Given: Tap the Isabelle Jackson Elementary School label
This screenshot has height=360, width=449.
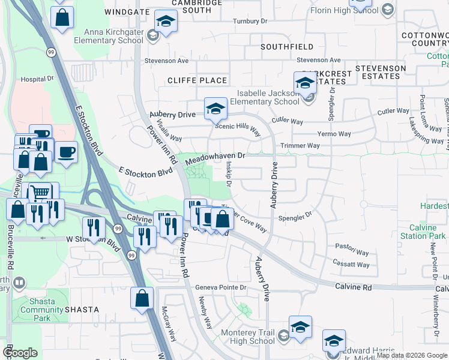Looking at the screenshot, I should tap(268, 97).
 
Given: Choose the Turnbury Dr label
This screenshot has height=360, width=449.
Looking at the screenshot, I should tap(250, 20).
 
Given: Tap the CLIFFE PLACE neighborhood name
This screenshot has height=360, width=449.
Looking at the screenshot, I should tap(197, 80).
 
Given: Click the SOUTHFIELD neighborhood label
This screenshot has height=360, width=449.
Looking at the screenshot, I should tap(287, 46).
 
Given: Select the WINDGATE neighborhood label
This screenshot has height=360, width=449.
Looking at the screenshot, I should tap(125, 11).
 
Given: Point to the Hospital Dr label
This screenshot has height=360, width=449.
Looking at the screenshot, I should tap(37, 79).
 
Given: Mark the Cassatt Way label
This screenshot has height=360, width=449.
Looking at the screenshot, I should tap(351, 264).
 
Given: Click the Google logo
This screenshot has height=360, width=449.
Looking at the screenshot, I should tap(20, 353).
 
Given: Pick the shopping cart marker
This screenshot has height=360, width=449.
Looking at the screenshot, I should tap(40, 193).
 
